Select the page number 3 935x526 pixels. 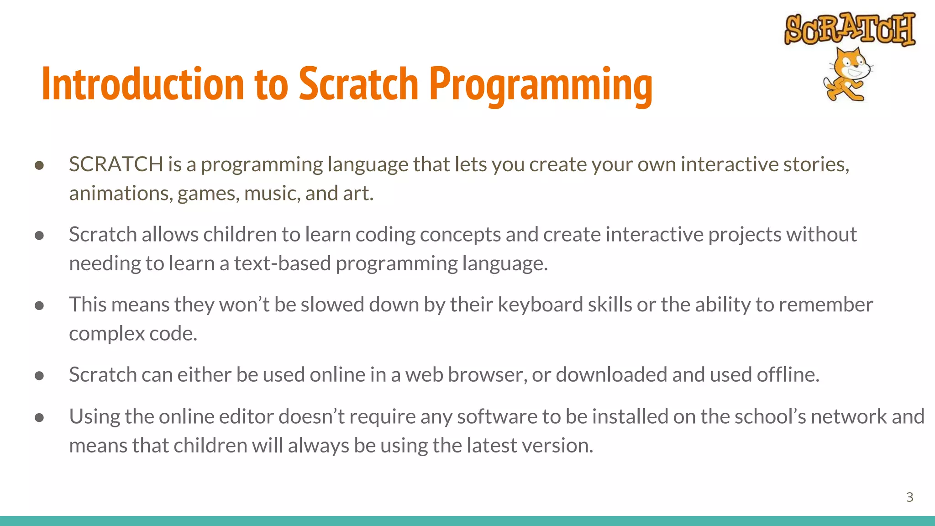pos(909,497)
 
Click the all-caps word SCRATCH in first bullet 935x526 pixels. pos(116,164)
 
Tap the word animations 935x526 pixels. pos(121,194)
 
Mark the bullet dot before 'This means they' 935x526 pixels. pos(39,305)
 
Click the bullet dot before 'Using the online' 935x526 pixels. pos(39,417)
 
